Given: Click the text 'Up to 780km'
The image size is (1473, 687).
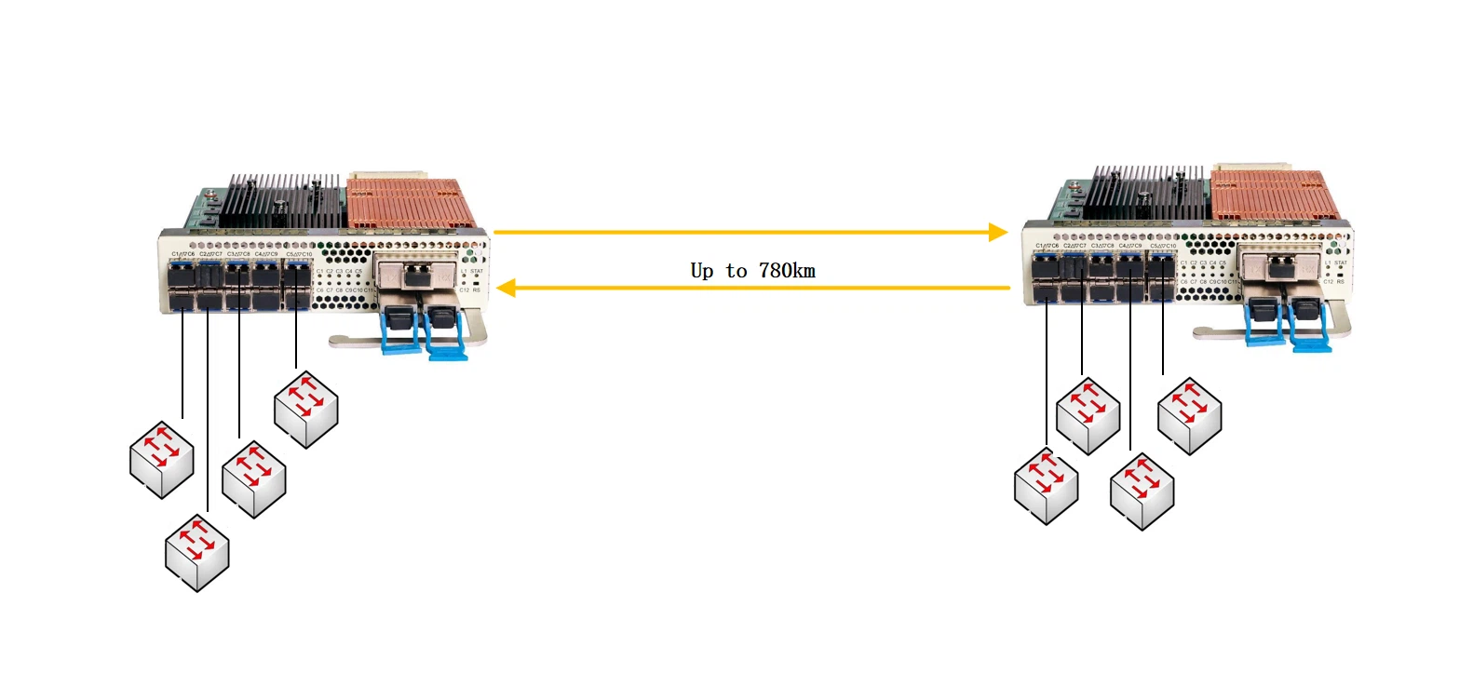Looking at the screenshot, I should (x=752, y=271).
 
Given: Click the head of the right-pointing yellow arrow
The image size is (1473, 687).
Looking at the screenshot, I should (x=998, y=232).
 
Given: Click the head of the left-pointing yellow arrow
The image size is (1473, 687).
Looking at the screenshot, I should (x=507, y=288).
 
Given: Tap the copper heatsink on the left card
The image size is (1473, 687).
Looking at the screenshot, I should (x=410, y=204).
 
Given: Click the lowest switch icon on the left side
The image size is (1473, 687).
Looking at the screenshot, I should (x=196, y=552).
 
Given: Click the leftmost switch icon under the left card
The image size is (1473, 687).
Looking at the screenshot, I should (x=161, y=460).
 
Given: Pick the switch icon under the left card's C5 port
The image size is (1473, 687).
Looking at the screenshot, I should (x=305, y=410).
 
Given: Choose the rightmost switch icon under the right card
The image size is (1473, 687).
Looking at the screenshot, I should (x=1189, y=415).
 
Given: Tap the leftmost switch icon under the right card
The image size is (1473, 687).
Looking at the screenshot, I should (x=1046, y=486).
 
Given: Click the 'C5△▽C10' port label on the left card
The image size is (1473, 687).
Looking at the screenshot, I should (x=299, y=254).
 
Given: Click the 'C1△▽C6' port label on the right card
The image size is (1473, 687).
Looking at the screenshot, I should (x=1047, y=246).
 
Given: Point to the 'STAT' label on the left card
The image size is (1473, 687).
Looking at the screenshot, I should (x=477, y=271).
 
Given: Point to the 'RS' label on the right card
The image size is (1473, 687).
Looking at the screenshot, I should (x=1341, y=281).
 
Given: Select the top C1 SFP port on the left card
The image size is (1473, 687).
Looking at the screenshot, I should (x=182, y=276).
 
